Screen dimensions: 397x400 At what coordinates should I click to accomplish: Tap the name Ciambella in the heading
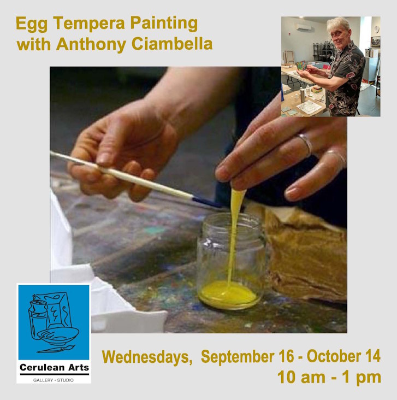pyautogui.click(x=172, y=44)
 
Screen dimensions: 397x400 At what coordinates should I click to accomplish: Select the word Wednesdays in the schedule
pyautogui.click(x=147, y=357)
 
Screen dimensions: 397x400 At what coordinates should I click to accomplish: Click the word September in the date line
pyautogui.click(x=238, y=356)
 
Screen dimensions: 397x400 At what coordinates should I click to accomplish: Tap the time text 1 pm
pyautogui.click(x=362, y=377)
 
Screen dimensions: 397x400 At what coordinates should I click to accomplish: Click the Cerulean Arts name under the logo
pyautogui.click(x=54, y=368)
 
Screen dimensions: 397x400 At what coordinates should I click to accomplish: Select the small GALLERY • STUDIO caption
pyautogui.click(x=54, y=380)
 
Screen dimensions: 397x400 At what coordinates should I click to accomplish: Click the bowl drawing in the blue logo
pyautogui.click(x=58, y=334)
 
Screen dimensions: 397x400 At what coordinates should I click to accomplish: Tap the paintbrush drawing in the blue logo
pyautogui.click(x=56, y=349)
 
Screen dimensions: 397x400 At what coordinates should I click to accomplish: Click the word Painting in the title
pyautogui.click(x=164, y=23)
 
